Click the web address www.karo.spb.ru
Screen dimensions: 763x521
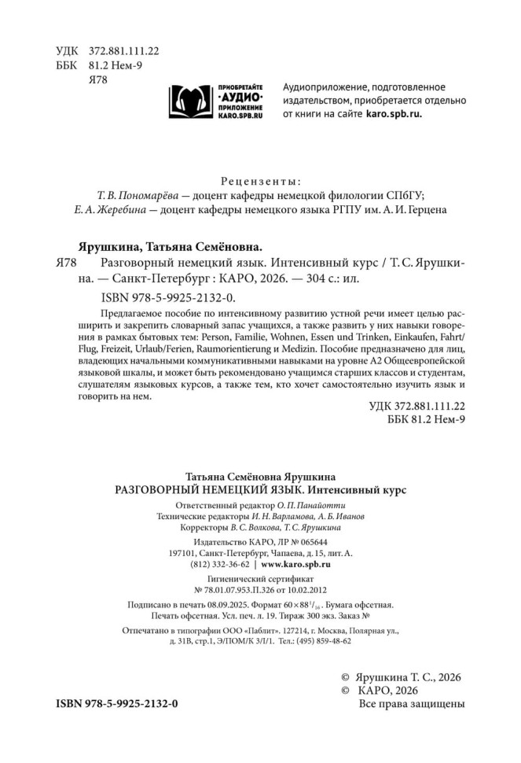(295, 564)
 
